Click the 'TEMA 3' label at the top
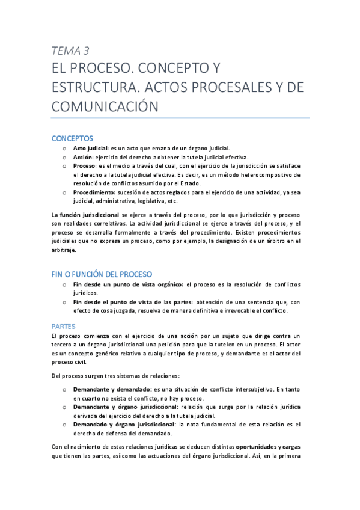(x=70, y=51)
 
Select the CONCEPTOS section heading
(x=72, y=138)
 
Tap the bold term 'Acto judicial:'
(x=91, y=148)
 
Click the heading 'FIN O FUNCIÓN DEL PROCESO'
(x=102, y=274)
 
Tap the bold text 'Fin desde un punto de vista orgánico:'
(x=128, y=284)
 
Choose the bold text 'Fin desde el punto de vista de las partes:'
(x=133, y=302)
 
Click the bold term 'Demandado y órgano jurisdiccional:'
(x=122, y=425)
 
